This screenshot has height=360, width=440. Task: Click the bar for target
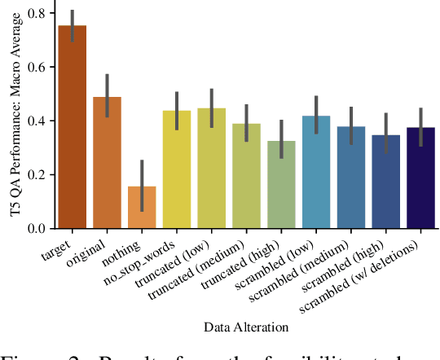pos(73,130)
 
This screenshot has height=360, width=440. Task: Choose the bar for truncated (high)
pos(282,187)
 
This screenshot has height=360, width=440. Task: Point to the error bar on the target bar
pos(73,25)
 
